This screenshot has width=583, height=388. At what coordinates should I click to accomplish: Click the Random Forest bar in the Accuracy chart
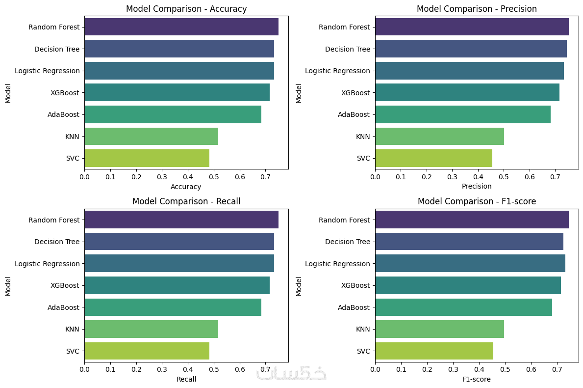[181, 27]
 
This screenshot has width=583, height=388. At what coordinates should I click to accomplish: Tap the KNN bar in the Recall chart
[151, 329]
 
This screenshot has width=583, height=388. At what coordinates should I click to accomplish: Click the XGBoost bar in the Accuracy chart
[177, 92]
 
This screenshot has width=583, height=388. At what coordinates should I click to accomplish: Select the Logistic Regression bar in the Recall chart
[179, 264]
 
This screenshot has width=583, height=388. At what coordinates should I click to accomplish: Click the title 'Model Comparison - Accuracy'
[186, 9]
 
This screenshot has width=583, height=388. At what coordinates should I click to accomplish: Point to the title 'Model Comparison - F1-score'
[477, 201]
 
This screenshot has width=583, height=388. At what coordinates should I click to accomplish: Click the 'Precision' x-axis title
[477, 187]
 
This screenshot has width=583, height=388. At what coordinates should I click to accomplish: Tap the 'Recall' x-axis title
[186, 379]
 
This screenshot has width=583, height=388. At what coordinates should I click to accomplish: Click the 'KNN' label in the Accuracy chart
[72, 137]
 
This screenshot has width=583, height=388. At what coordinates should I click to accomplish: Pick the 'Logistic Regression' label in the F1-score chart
[337, 264]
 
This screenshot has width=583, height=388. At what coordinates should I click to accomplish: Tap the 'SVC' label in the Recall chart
[73, 351]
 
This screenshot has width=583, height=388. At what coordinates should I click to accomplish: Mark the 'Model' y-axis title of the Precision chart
[299, 93]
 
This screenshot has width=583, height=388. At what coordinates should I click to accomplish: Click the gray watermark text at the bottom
[291, 373]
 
